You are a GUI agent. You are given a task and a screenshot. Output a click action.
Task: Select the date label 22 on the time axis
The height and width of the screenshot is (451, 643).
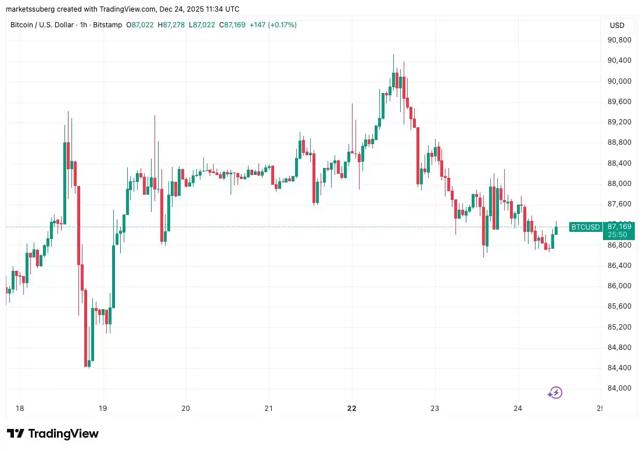[351, 409]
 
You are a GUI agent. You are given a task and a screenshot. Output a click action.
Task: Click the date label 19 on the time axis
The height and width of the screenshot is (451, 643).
[103, 409]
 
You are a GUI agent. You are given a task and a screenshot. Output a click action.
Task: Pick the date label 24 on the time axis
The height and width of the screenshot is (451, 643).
[518, 409]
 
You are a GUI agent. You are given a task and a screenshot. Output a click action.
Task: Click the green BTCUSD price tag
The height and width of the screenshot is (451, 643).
[585, 227]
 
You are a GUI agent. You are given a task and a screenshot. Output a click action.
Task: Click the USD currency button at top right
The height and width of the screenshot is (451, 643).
[617, 26]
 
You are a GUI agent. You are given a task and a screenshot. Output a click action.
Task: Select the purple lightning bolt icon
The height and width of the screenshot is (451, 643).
[556, 393]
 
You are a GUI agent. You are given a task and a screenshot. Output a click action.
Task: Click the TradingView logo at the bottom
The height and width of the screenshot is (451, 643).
[53, 434]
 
